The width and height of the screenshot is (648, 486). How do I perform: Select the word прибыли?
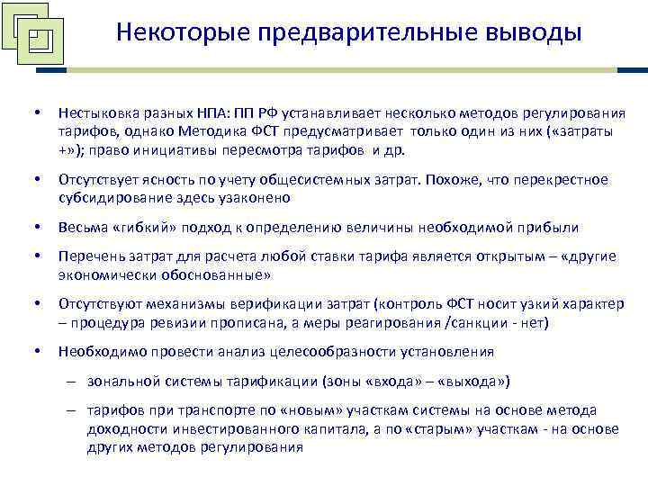click(550, 228)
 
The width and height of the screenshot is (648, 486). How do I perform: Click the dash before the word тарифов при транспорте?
click(71, 411)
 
